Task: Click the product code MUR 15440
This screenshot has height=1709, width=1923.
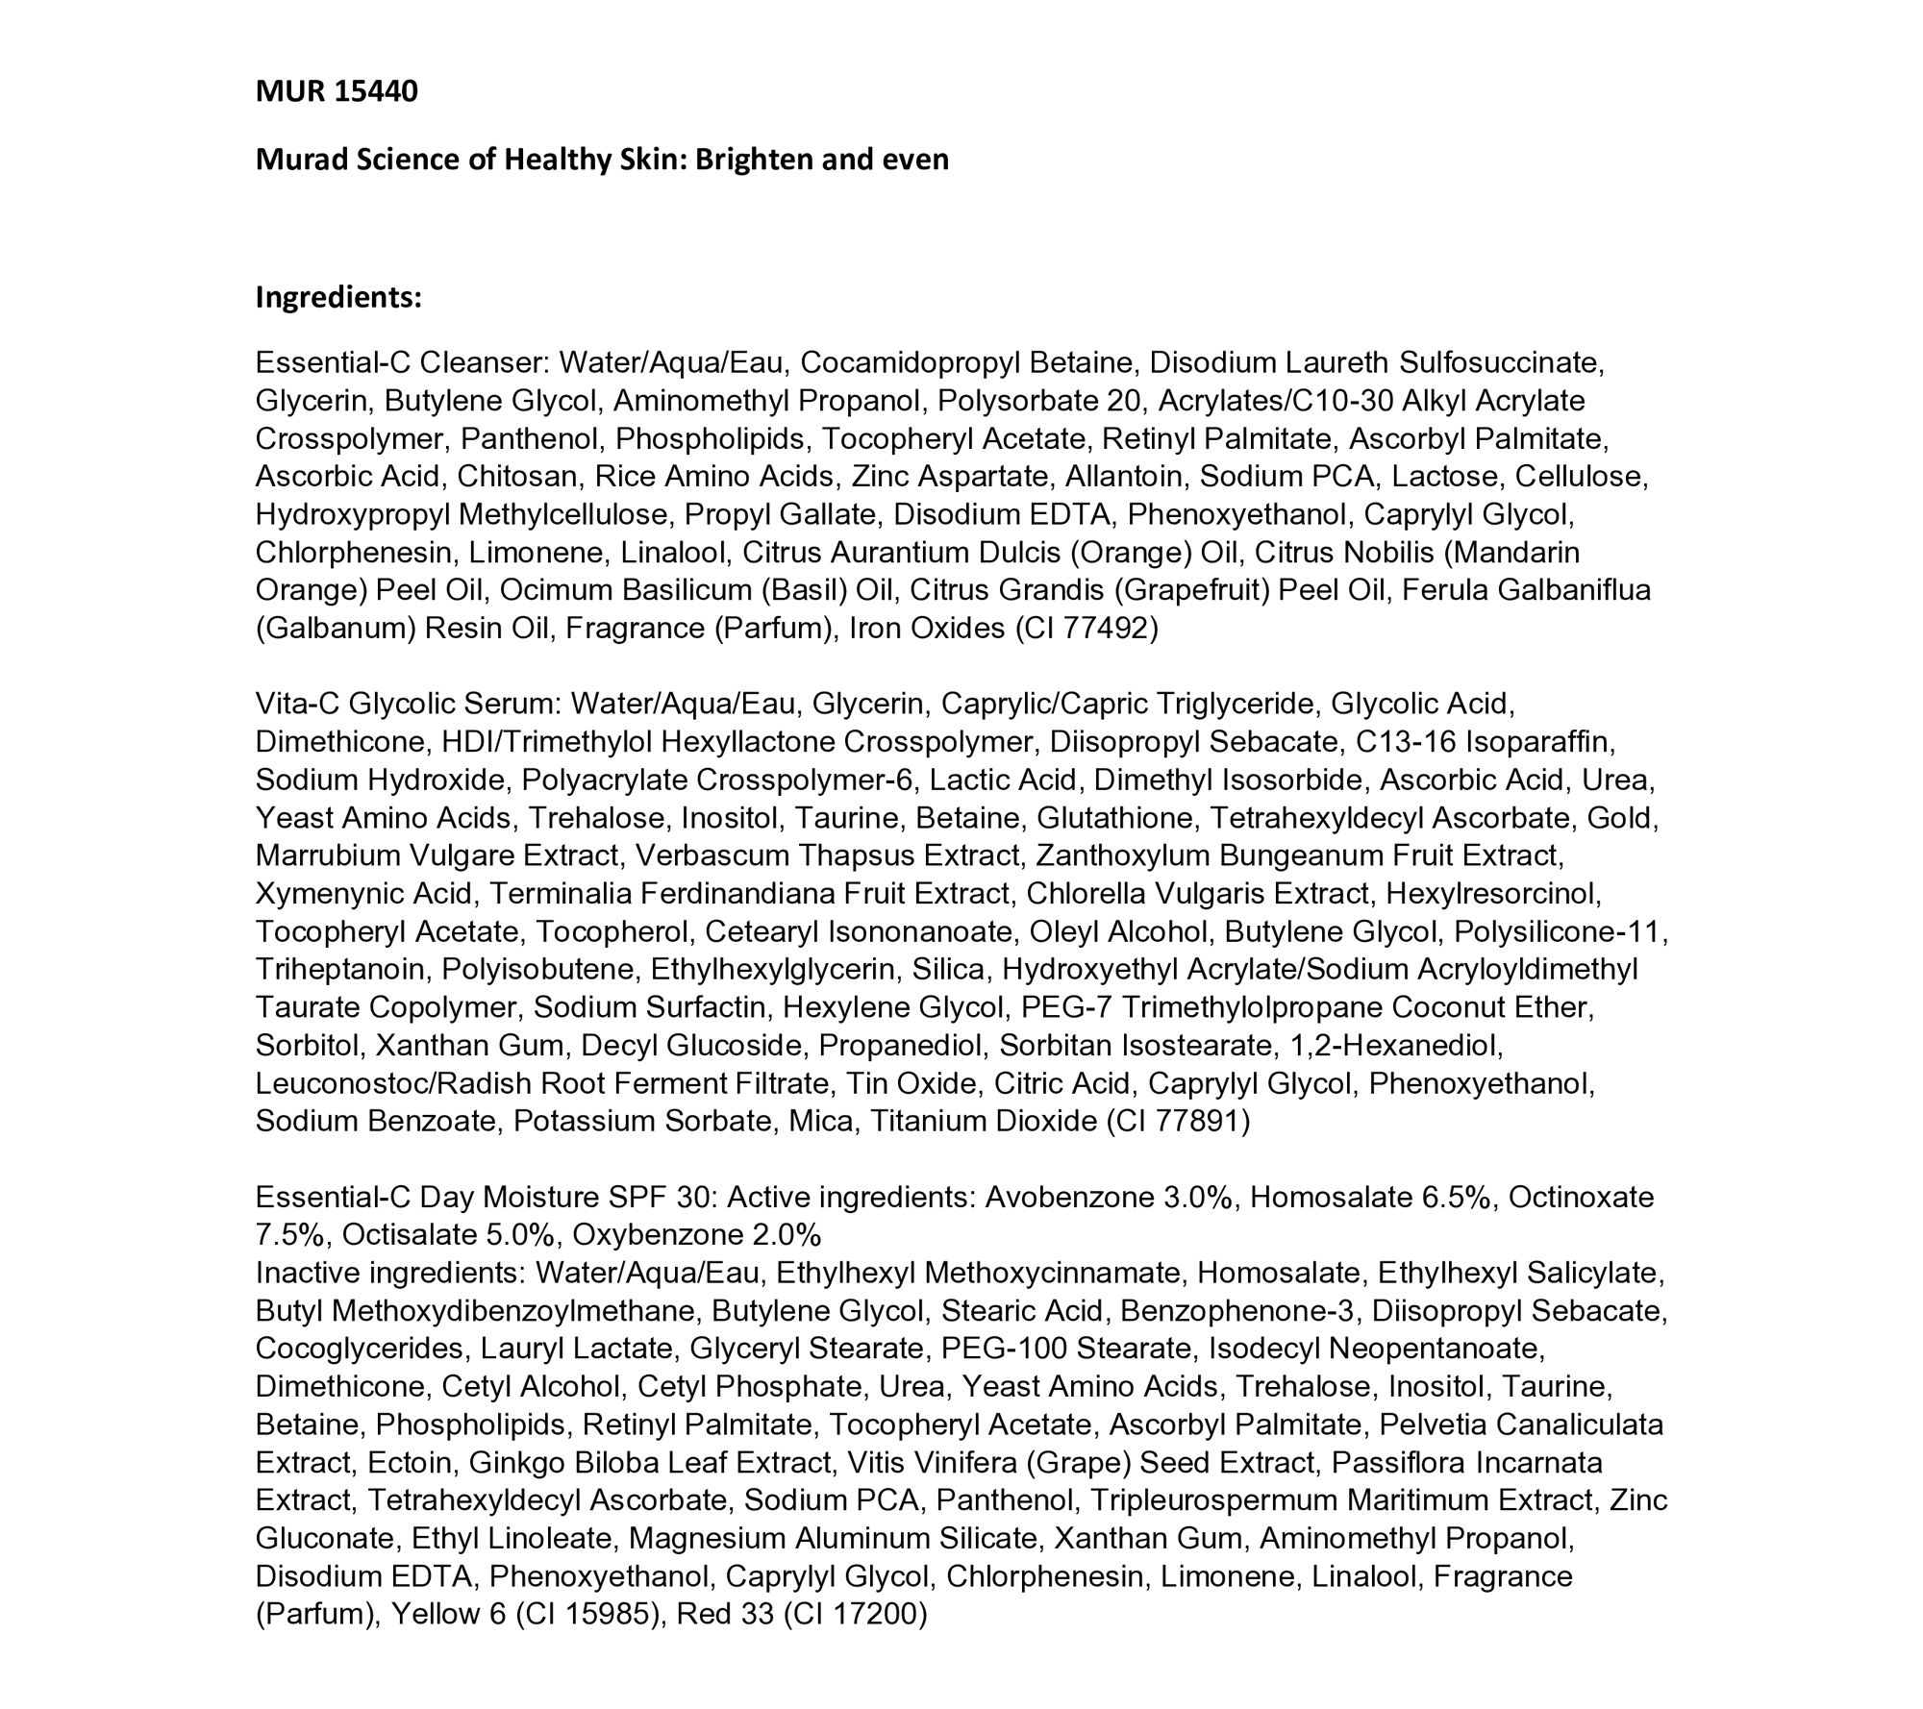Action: coord(337,92)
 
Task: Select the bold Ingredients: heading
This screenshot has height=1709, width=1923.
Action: coord(338,298)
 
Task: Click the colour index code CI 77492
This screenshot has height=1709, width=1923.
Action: coord(1086,629)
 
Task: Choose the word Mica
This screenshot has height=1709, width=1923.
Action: coord(819,1122)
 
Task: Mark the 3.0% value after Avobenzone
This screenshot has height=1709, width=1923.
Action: coord(1197,1198)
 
